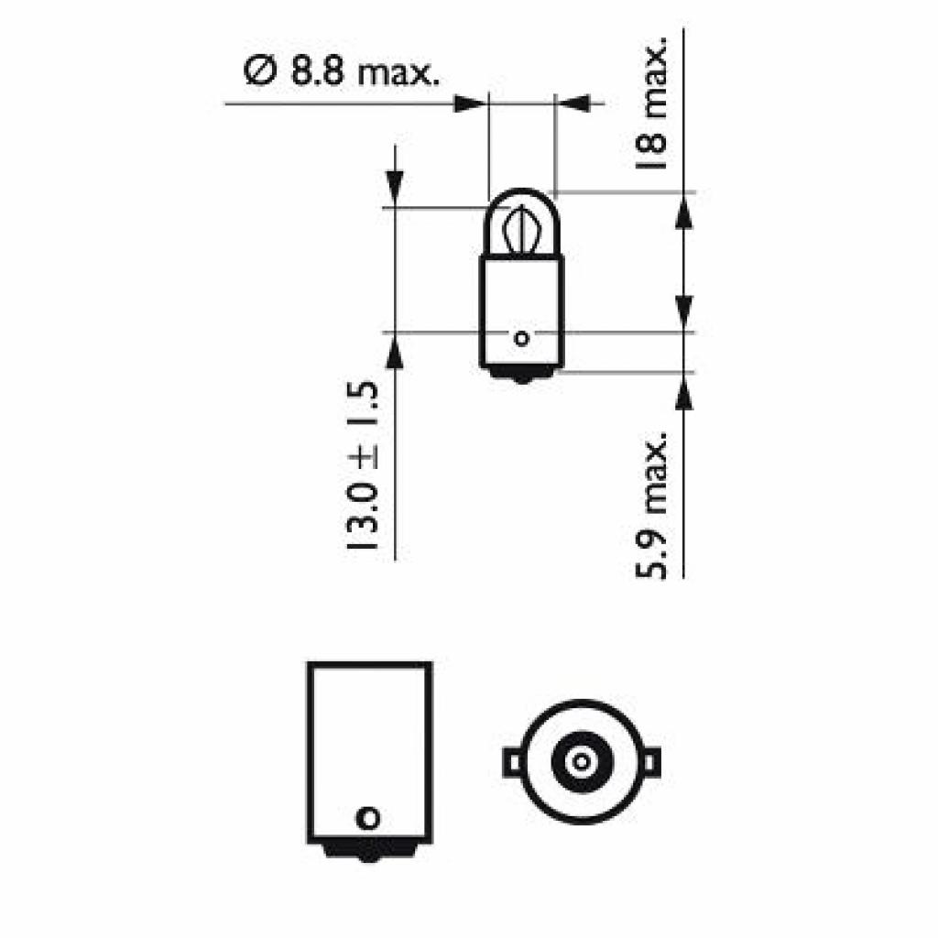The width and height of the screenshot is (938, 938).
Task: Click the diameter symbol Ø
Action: click(260, 72)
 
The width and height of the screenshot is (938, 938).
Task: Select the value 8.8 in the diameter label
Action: click(315, 72)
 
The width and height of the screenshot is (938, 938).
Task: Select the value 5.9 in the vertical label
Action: click(652, 552)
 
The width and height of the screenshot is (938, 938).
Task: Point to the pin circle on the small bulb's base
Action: click(522, 339)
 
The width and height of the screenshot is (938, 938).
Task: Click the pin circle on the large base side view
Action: click(368, 816)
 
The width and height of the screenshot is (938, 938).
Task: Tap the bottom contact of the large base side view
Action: click(368, 852)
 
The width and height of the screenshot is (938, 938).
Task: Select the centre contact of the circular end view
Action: click(581, 760)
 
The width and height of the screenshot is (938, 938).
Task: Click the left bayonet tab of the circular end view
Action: click(513, 760)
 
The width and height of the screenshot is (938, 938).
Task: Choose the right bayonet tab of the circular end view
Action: click(650, 760)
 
